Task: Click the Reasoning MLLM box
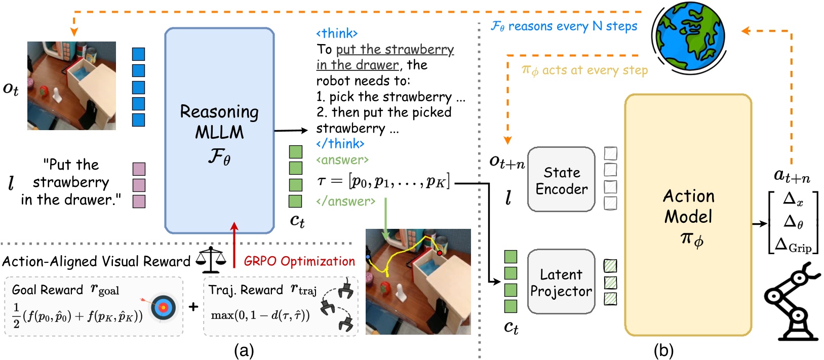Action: [219, 131]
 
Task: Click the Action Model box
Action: [688, 215]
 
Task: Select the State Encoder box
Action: [561, 180]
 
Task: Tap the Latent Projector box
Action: [561, 282]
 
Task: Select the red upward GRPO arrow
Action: [234, 246]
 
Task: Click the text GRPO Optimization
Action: [299, 261]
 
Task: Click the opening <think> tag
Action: [337, 33]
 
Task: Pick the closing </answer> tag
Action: [346, 202]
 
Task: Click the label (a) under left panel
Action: [244, 350]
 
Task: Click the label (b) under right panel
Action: [663, 350]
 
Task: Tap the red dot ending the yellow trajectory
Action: [440, 252]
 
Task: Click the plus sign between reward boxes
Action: [193, 306]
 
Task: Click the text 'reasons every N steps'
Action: [572, 26]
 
